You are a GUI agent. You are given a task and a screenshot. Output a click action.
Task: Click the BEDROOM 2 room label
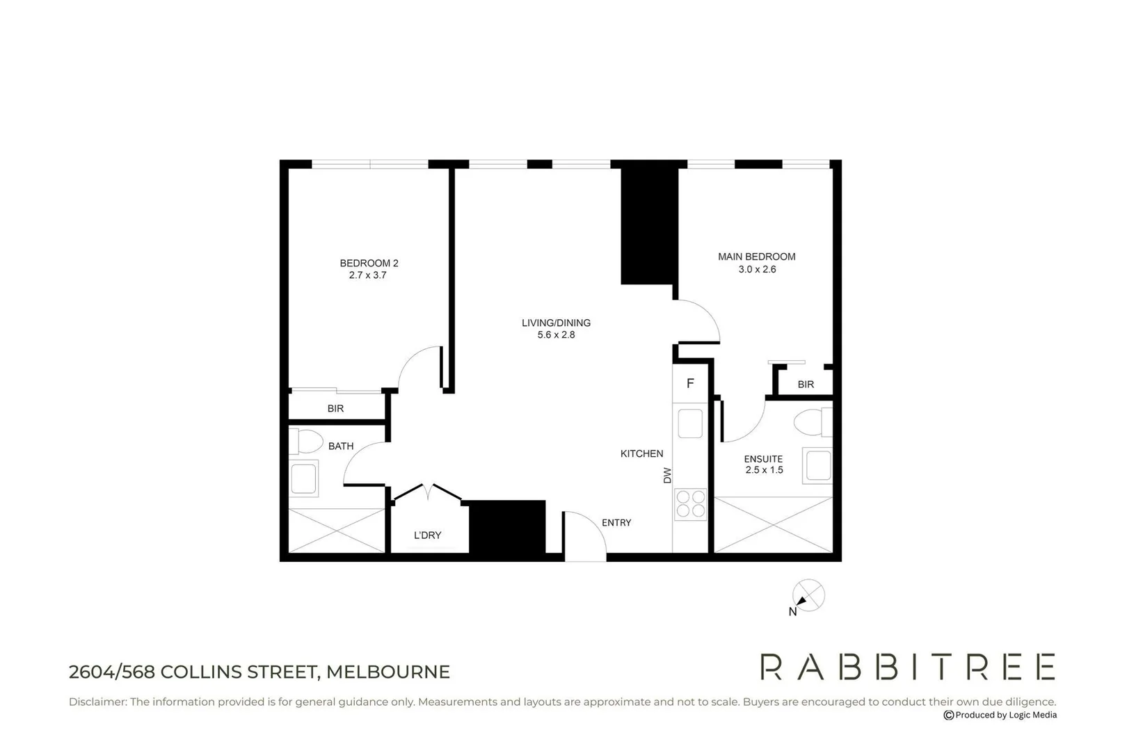[x=369, y=264]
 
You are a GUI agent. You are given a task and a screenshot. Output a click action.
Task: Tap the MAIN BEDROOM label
[x=757, y=257]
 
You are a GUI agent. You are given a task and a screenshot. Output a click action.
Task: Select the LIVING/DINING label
[x=556, y=323]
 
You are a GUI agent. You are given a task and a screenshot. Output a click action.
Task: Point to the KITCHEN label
[x=641, y=454]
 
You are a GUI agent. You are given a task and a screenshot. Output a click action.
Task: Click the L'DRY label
[x=427, y=535]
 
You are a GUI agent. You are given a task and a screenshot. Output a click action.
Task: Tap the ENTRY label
[x=616, y=523]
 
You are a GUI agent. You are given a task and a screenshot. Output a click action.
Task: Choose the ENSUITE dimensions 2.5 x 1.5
[x=764, y=470]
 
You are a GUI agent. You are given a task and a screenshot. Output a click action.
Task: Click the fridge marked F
[x=690, y=384]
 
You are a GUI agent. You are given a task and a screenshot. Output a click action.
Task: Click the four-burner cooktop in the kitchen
[x=690, y=504]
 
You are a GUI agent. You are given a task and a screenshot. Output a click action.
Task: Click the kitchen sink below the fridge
[x=690, y=423]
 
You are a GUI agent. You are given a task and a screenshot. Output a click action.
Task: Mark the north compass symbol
[x=808, y=597]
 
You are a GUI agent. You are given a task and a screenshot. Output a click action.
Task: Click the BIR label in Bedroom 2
[x=335, y=409]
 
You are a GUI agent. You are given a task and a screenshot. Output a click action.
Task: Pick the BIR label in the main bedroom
[x=806, y=385]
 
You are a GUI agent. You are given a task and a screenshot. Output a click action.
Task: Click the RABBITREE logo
[x=907, y=667]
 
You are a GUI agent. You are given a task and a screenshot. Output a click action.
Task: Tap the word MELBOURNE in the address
[x=388, y=672]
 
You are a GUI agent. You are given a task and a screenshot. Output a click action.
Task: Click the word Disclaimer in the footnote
[x=97, y=702]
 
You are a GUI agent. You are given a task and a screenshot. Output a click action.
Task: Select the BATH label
[x=341, y=446]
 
